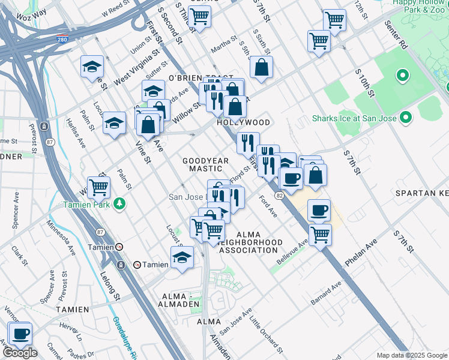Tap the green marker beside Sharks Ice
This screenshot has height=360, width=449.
tap(406, 118)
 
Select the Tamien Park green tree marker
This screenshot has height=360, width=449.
tap(121, 204)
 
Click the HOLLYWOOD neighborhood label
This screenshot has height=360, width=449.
tap(244, 122)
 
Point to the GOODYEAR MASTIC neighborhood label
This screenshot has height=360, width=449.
tap(206, 165)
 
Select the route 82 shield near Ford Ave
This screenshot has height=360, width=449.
tap(279, 196)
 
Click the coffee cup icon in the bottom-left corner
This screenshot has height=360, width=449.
tap(20, 334)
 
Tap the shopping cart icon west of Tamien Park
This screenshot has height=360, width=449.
tap(98, 187)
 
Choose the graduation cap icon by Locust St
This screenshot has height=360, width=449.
tap(182, 257)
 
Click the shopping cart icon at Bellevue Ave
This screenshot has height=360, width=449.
tap(321, 235)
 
